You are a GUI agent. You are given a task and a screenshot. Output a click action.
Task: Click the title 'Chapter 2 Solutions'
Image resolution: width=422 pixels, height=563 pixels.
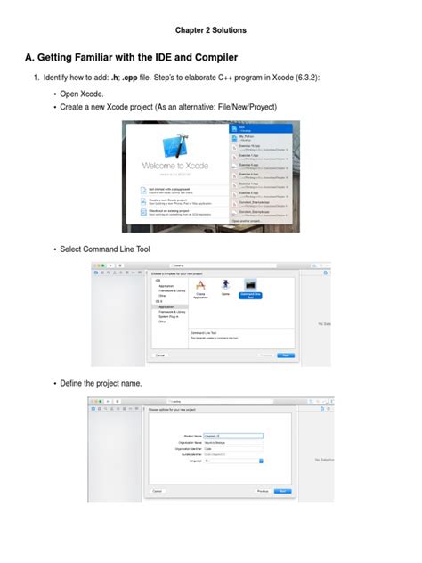click(210, 30)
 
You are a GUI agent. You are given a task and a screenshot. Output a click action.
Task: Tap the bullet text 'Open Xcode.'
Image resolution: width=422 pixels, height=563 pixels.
click(83, 93)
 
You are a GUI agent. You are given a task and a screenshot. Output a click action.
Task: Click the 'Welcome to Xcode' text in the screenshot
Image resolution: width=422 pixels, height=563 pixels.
click(175, 167)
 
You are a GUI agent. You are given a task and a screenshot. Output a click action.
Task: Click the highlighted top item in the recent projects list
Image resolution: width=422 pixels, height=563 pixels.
click(258, 129)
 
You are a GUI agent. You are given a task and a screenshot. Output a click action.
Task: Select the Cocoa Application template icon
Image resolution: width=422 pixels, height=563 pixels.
click(200, 288)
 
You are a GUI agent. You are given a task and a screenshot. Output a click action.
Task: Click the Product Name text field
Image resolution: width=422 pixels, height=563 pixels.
click(233, 436)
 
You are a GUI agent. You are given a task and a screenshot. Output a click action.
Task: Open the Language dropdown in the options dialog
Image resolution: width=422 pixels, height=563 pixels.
click(233, 461)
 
